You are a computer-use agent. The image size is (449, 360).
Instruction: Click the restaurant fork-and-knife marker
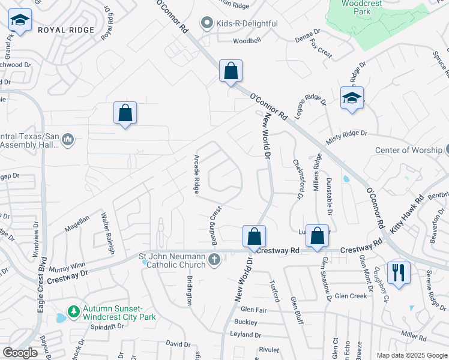(399, 272)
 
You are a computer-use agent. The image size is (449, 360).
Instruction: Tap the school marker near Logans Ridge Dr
(352, 98)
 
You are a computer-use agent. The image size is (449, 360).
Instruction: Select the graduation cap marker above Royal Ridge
(20, 22)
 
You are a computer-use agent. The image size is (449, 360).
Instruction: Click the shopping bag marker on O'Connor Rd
(231, 71)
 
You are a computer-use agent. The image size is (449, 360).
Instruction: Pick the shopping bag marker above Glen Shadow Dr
(317, 237)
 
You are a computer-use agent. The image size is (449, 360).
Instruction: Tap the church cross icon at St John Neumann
(214, 260)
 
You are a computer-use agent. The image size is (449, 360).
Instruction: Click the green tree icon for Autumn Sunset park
(73, 312)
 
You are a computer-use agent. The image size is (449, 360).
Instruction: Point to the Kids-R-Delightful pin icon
(207, 23)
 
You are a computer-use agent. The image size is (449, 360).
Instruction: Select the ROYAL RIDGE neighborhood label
(66, 30)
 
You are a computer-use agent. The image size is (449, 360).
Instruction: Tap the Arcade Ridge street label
(196, 175)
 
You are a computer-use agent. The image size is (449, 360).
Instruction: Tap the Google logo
(20, 353)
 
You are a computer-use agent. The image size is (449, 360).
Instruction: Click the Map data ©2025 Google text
(411, 355)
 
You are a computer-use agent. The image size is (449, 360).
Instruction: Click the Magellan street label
(77, 223)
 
